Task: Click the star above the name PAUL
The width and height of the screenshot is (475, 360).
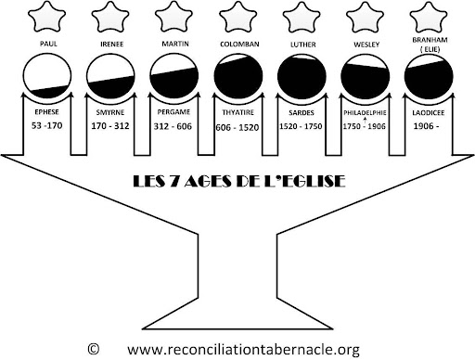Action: point(46,17)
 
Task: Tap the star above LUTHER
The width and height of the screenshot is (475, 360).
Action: point(302,17)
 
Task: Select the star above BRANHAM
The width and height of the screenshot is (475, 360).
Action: point(429,17)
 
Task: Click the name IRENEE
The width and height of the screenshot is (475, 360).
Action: point(112,44)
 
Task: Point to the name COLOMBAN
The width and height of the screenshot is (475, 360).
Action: point(239,45)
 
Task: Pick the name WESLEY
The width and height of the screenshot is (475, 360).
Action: point(366,45)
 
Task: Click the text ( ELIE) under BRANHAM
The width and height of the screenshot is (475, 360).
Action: point(430,49)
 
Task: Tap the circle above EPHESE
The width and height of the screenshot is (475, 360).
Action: point(47,76)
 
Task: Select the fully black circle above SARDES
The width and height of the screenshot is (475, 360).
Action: point(302,76)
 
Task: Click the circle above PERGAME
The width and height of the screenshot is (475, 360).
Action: point(174,76)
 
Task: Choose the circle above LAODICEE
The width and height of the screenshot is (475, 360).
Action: point(429,76)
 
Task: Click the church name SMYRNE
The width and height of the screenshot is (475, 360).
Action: point(110,112)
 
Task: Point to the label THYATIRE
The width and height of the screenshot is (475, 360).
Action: point(238,112)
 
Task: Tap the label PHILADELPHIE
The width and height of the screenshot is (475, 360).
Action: point(365,112)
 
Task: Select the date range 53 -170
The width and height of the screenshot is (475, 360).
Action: point(47,125)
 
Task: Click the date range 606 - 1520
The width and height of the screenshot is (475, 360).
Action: point(237,127)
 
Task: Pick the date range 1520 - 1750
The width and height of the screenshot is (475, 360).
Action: point(301,126)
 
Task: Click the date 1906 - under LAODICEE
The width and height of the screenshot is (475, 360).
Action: point(426,126)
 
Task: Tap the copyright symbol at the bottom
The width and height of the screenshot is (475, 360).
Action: point(94,349)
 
